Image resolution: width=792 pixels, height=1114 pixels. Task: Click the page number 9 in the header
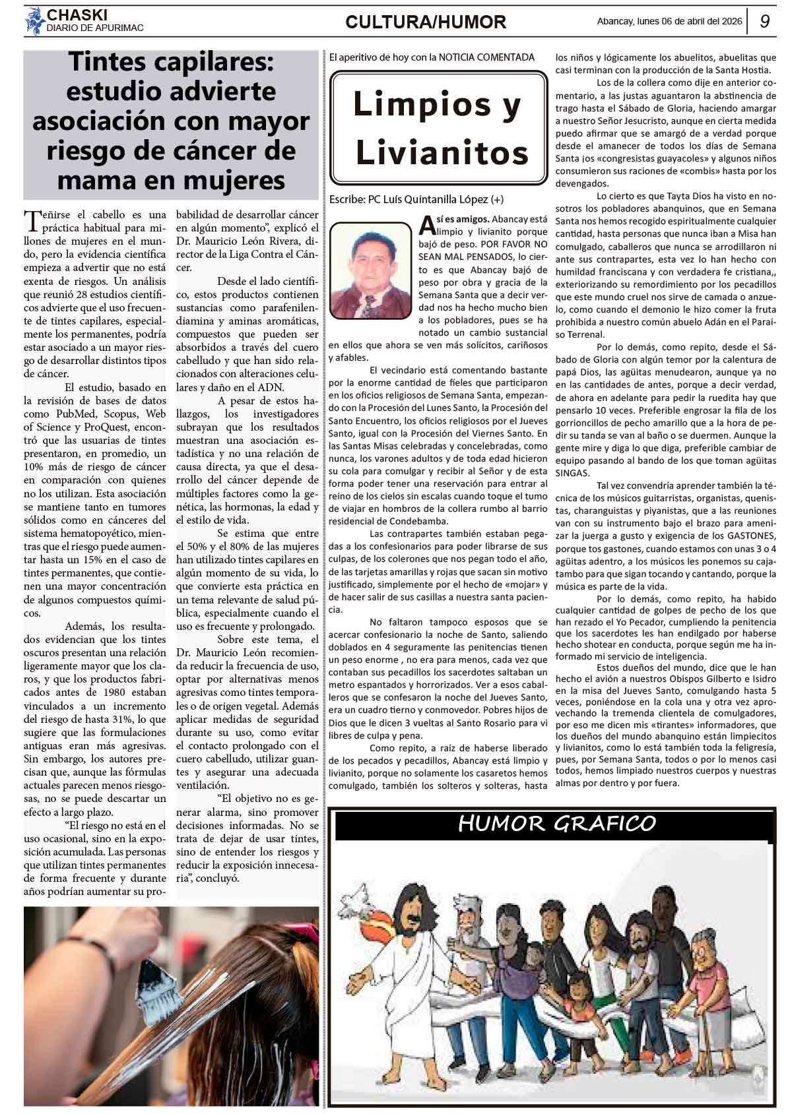pyautogui.click(x=765, y=22)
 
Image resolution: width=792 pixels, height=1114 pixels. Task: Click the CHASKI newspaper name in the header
pyautogui.click(x=77, y=15)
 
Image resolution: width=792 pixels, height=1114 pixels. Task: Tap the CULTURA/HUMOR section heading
pyautogui.click(x=426, y=22)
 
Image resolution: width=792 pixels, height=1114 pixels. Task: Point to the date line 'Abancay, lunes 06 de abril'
pyautogui.click(x=669, y=22)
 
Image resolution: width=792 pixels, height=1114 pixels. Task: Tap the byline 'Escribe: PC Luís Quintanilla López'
pyautogui.click(x=416, y=199)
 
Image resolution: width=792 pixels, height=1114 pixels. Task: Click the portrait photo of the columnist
pyautogui.click(x=370, y=270)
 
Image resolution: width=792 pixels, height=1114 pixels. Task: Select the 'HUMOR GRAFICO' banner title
pyautogui.click(x=556, y=823)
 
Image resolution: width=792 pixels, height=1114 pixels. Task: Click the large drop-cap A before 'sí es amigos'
pyautogui.click(x=427, y=225)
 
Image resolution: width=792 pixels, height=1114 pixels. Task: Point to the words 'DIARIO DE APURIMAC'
pyautogui.click(x=95, y=28)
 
